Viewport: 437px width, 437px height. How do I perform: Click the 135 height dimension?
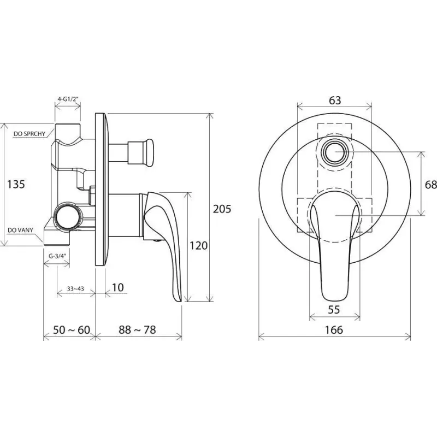click(16, 184)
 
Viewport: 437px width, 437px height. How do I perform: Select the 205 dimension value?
click(222, 209)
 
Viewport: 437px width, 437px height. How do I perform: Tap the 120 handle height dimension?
click(198, 245)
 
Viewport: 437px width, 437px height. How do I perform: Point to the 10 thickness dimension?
click(118, 287)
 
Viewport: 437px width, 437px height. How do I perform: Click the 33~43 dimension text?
click(75, 289)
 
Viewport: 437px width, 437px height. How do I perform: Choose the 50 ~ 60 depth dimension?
click(72, 330)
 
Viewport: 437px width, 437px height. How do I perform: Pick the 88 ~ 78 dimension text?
click(137, 330)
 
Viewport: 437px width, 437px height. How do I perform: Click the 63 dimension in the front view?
click(335, 100)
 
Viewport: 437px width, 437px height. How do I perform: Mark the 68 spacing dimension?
click(431, 184)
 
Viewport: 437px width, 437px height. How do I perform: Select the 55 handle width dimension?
click(334, 310)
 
